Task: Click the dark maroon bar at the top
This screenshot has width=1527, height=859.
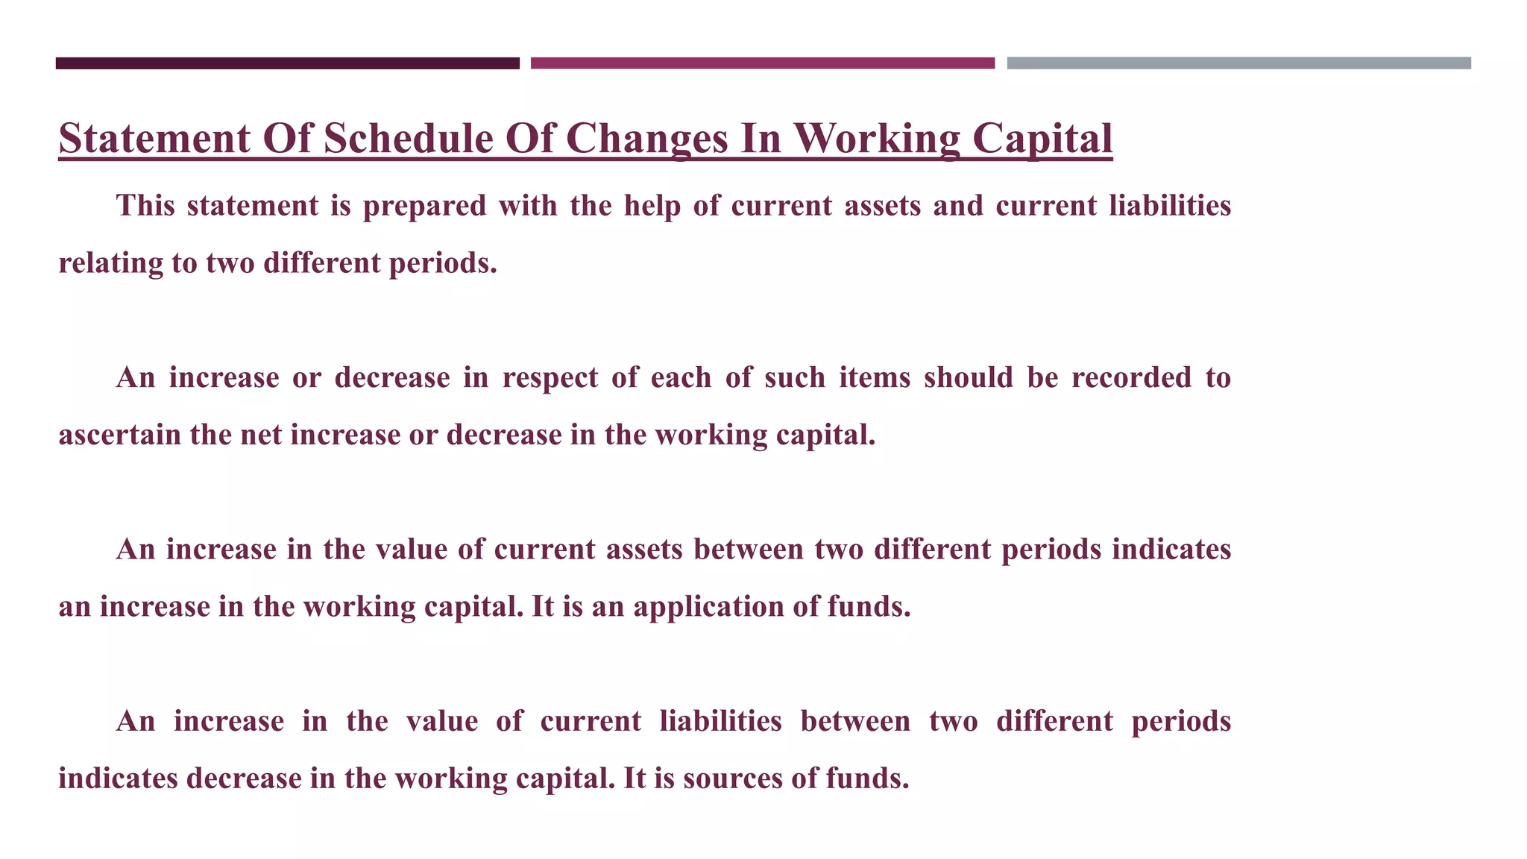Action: (x=287, y=63)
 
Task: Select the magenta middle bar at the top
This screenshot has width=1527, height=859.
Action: (x=762, y=63)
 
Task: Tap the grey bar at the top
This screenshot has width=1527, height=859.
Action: (x=1238, y=63)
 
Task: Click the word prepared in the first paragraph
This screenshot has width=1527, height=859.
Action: (x=424, y=207)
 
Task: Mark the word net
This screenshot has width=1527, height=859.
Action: (x=261, y=435)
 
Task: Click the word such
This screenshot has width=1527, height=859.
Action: (x=795, y=378)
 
